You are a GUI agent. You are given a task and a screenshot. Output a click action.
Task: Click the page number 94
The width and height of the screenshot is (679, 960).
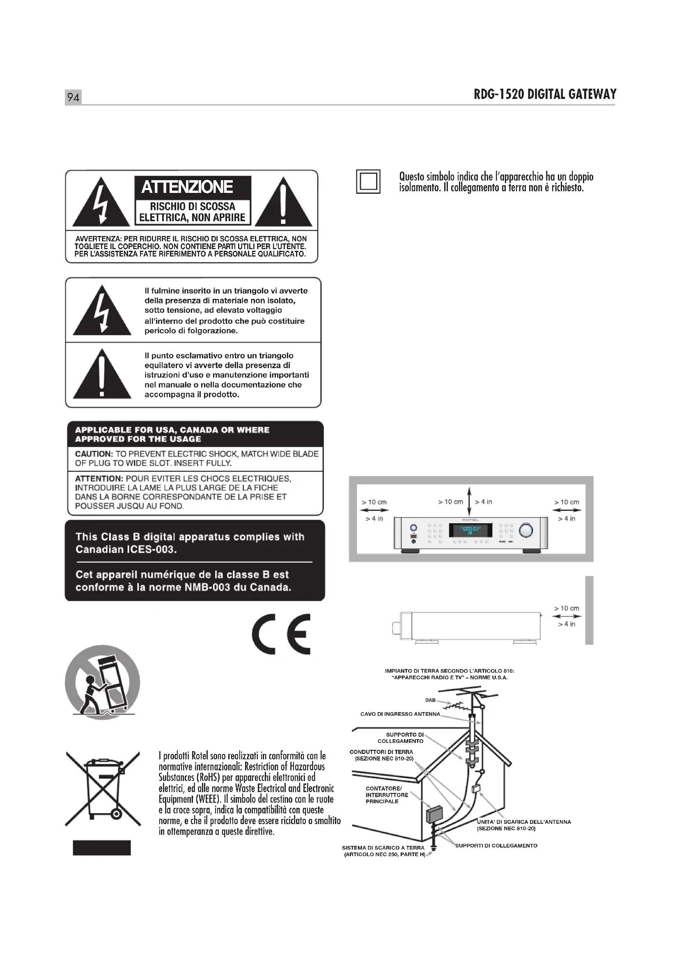[x=73, y=97]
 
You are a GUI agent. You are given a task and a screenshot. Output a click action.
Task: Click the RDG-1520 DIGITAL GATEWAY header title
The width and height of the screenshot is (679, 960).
[x=545, y=94]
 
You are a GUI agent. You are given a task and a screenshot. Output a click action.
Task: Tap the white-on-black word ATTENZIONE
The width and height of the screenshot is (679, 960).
[x=187, y=187]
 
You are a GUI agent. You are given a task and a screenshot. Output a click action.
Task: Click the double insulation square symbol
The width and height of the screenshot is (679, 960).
[x=368, y=181]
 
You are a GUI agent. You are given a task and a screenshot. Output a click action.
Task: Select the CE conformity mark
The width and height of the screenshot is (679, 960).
[x=281, y=634]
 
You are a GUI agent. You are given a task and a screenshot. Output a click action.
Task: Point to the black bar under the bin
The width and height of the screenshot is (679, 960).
[x=101, y=848]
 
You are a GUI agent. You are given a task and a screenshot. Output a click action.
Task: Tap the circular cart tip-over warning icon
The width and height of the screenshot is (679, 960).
[x=103, y=682]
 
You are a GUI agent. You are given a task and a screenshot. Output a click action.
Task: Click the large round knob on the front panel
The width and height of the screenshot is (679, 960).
[x=526, y=530]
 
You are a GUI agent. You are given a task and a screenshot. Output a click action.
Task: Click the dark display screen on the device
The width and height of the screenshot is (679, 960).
[x=470, y=530]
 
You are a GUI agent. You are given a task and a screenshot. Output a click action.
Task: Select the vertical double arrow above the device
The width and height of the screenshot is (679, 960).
[x=469, y=501]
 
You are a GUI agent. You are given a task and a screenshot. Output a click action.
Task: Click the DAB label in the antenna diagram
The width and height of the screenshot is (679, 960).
[x=430, y=700]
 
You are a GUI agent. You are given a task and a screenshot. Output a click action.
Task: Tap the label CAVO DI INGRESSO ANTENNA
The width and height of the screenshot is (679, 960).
[x=400, y=714]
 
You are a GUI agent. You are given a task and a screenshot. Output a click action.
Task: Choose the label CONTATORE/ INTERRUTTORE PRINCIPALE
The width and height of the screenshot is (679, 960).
[x=387, y=795]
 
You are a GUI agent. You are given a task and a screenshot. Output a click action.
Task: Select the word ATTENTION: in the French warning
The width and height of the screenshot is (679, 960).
[x=99, y=478]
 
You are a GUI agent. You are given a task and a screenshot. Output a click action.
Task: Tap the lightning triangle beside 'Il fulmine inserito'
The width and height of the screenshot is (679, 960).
[x=102, y=310]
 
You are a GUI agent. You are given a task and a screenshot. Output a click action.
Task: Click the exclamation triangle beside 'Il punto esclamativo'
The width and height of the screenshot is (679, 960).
[x=102, y=374]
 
